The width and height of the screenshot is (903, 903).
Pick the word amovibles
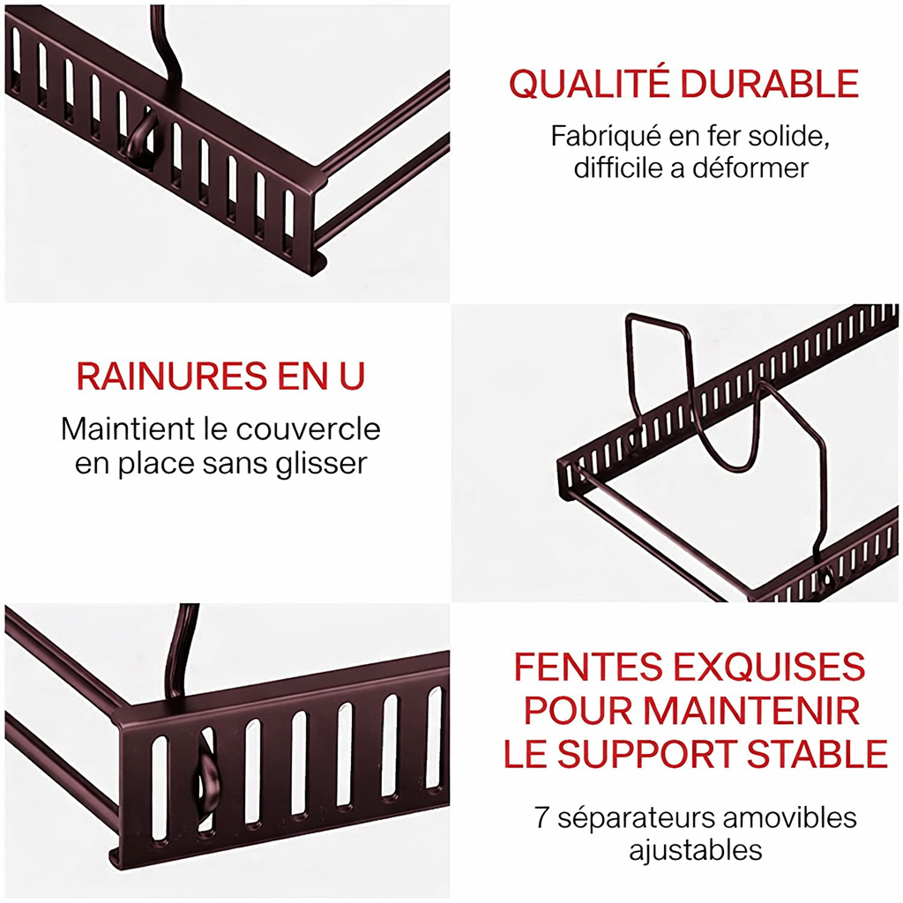pyautogui.click(x=789, y=817)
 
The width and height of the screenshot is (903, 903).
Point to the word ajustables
pyautogui.click(x=695, y=850)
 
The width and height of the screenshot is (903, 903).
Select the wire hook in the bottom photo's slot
pyautogui.click(x=205, y=776)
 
